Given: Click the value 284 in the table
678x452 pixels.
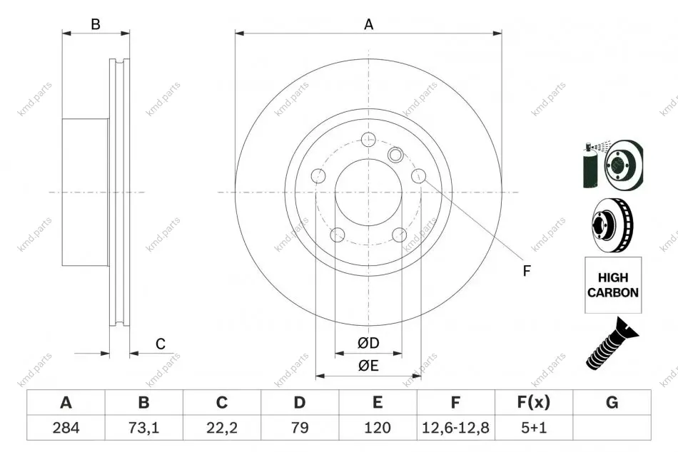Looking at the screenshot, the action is tap(66, 427).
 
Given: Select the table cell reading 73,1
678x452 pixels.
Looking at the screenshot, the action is tap(143, 427).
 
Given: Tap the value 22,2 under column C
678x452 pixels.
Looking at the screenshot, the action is tap(222, 427).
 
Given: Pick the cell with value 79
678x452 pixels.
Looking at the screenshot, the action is tap(300, 427).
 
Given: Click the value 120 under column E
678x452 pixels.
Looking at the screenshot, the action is tap(378, 427).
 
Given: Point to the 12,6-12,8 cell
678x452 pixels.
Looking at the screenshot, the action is tap(455, 427).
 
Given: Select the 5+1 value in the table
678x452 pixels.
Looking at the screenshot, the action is tap(534, 427).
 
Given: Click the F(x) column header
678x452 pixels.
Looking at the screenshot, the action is tap(534, 402).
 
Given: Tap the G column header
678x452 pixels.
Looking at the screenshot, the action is tap(612, 402).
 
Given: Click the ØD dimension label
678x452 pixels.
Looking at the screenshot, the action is tap(368, 343).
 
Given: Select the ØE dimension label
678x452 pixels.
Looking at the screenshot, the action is tap(368, 366).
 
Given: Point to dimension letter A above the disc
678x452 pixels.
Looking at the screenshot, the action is tap(368, 24).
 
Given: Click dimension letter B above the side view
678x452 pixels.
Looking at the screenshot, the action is tap(96, 24).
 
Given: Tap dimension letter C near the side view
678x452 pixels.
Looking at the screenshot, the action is tap(161, 344).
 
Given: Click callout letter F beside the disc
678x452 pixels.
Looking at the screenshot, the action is tap(527, 271).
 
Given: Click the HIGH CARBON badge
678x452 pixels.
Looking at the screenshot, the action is tap(613, 285).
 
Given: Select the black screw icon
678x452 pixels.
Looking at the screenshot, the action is tap(612, 344).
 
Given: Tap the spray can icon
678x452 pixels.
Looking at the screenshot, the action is tap(590, 165).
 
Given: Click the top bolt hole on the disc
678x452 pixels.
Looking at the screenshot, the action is tap(368, 139).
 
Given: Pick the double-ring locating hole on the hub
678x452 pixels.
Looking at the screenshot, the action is tap(395, 154).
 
